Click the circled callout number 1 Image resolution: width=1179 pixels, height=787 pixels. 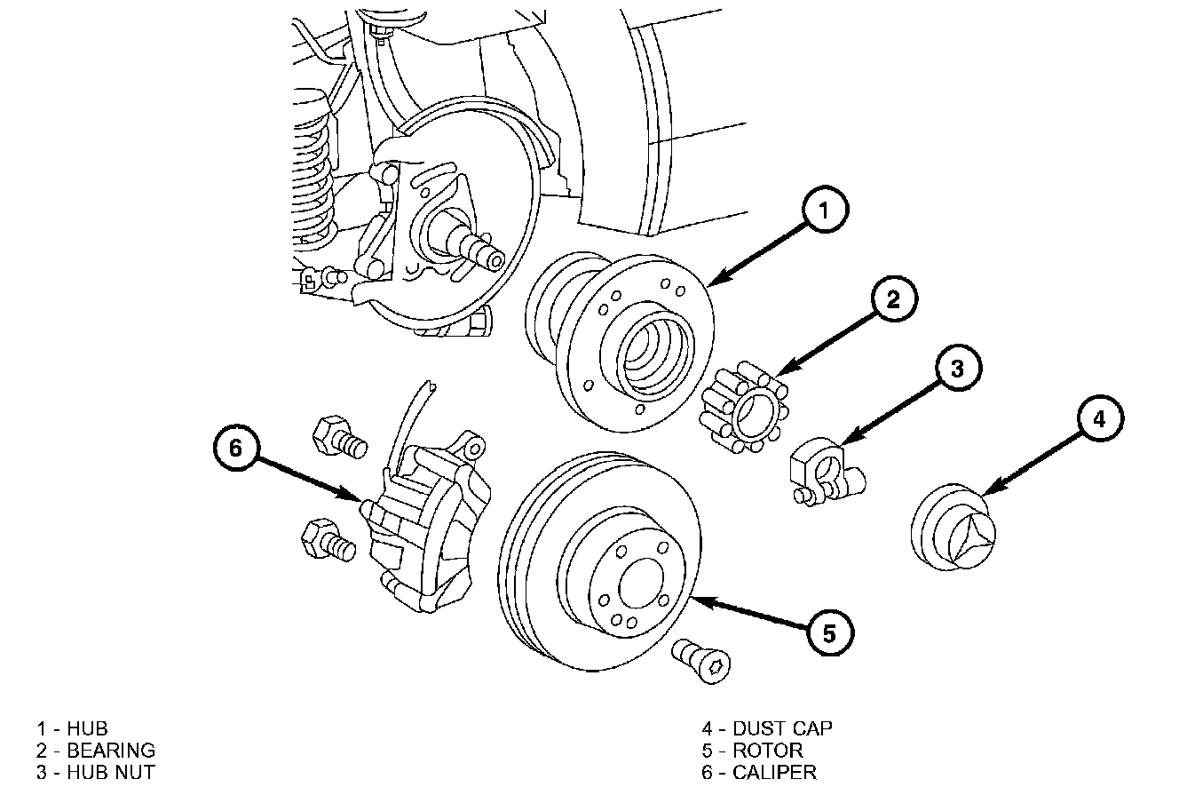[825, 209]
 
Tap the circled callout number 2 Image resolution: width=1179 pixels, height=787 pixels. [894, 298]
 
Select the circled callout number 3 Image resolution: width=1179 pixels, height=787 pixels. [958, 367]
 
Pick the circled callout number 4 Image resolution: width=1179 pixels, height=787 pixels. [1100, 418]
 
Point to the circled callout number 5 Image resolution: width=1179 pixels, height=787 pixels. [830, 632]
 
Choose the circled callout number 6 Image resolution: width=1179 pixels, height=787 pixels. [236, 448]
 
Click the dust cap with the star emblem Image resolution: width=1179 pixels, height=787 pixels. [953, 526]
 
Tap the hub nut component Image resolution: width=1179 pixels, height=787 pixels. [827, 471]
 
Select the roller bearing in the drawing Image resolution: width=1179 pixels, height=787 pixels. [744, 407]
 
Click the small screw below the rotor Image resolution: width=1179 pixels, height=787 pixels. [701, 661]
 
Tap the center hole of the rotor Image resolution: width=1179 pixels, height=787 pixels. [640, 584]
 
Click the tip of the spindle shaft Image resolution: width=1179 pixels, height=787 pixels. [495, 261]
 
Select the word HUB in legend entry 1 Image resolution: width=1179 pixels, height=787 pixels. [87, 728]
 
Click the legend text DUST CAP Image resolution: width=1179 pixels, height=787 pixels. [783, 728]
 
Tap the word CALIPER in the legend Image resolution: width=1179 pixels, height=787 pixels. [774, 772]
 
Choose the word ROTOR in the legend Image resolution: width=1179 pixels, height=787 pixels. [768, 750]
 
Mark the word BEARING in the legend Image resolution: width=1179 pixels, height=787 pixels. [111, 750]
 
